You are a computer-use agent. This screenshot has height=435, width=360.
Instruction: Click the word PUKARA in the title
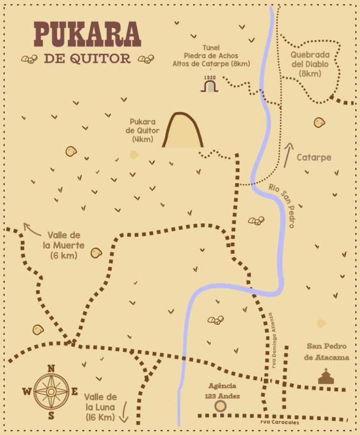tap(87, 35)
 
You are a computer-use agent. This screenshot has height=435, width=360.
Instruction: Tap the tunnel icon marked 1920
tap(210, 86)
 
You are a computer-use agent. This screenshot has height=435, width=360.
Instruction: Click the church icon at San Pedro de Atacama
tap(327, 376)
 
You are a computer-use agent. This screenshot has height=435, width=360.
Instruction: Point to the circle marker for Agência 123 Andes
tap(221, 406)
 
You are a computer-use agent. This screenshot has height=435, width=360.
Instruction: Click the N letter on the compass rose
tap(51, 369)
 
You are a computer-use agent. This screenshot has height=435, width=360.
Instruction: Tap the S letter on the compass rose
tap(51, 415)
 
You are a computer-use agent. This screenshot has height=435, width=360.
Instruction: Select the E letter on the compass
tap(75, 391)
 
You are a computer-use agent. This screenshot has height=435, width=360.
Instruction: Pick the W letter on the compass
tap(27, 391)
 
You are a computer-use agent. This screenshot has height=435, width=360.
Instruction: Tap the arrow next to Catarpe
tap(289, 155)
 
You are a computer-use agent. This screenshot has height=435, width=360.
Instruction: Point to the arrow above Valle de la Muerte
tap(32, 229)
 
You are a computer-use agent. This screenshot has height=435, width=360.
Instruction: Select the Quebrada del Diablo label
tap(310, 63)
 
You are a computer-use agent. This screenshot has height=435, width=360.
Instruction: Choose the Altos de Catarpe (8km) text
tap(211, 64)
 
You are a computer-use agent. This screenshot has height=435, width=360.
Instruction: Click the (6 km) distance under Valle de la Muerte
tap(63, 255)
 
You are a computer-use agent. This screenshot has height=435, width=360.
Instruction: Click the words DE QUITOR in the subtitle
tap(87, 58)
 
